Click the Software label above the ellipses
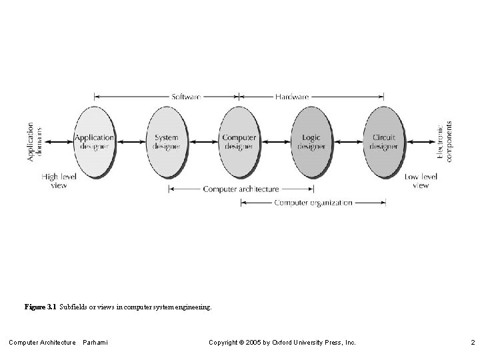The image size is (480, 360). (x=186, y=97)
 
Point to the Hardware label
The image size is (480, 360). (x=292, y=97)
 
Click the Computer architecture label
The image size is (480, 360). (x=241, y=189)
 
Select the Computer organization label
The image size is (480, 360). (x=313, y=203)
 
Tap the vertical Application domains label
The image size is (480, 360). (x=35, y=141)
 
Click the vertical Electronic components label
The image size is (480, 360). (x=444, y=141)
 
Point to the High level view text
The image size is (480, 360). (x=59, y=181)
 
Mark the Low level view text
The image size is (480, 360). (x=421, y=181)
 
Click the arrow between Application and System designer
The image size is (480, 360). (x=130, y=141)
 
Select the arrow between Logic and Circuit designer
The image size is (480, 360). (x=348, y=141)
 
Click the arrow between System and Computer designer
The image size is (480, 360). (x=203, y=141)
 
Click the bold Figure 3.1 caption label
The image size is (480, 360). (x=41, y=307)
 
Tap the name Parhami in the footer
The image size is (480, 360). (x=95, y=343)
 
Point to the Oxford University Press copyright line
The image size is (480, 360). (x=282, y=343)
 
